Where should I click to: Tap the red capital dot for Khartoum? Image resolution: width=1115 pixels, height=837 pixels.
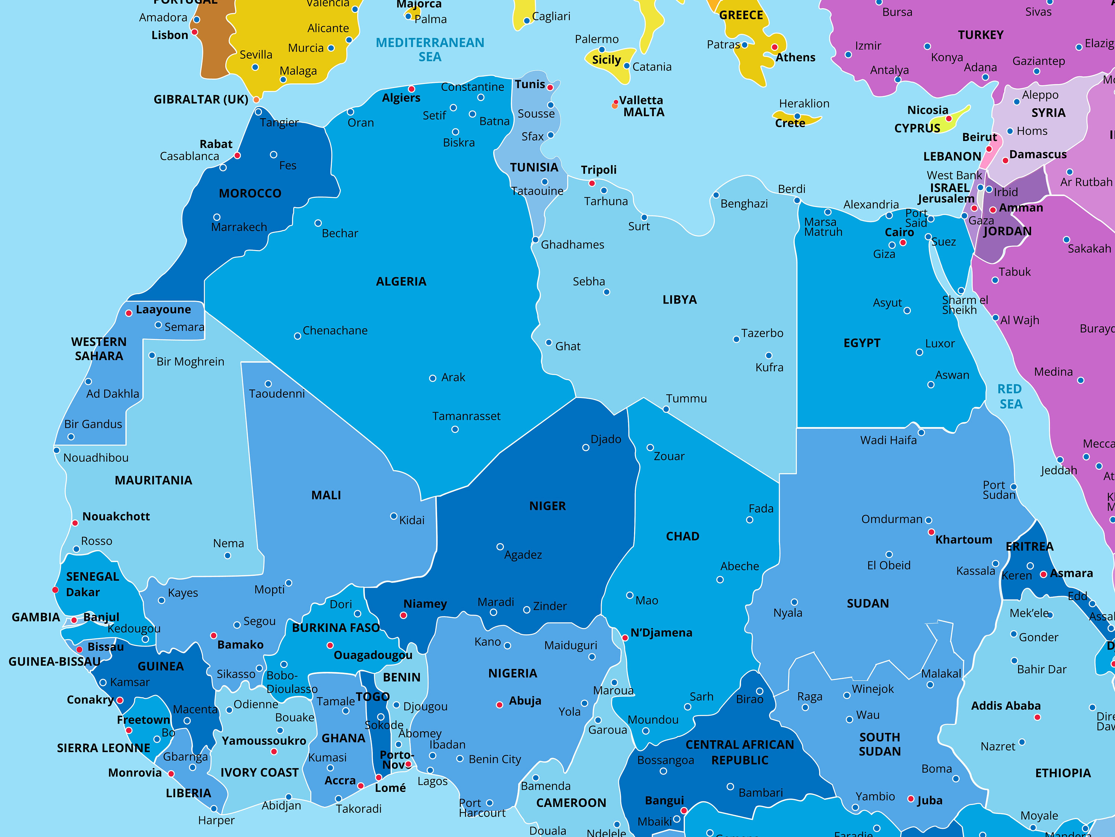(x=931, y=532)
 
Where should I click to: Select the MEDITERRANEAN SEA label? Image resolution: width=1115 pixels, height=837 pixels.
(x=430, y=49)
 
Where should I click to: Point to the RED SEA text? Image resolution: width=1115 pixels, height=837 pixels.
(x=1010, y=397)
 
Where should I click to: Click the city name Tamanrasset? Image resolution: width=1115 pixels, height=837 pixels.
(x=466, y=416)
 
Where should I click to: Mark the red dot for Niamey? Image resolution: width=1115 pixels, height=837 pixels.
(x=403, y=615)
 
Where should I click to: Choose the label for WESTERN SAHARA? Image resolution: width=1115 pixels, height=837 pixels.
(x=99, y=349)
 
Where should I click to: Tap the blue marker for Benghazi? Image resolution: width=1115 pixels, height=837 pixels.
(x=716, y=195)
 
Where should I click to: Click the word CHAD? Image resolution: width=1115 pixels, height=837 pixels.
(x=682, y=536)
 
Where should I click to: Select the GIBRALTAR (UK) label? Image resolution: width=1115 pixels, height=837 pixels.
(x=201, y=99)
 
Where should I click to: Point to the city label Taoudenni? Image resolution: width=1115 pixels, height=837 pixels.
(x=277, y=394)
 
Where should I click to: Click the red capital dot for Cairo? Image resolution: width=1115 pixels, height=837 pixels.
(x=903, y=243)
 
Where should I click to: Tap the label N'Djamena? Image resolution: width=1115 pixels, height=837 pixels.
(x=661, y=633)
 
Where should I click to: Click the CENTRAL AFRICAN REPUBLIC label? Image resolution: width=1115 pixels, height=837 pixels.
(x=740, y=752)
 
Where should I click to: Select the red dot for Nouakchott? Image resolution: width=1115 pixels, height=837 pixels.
(x=75, y=523)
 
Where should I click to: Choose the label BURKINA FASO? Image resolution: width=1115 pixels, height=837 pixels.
(x=336, y=628)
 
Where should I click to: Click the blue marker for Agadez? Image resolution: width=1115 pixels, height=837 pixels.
(x=500, y=547)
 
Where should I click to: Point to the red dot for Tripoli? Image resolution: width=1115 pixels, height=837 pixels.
(x=592, y=183)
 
